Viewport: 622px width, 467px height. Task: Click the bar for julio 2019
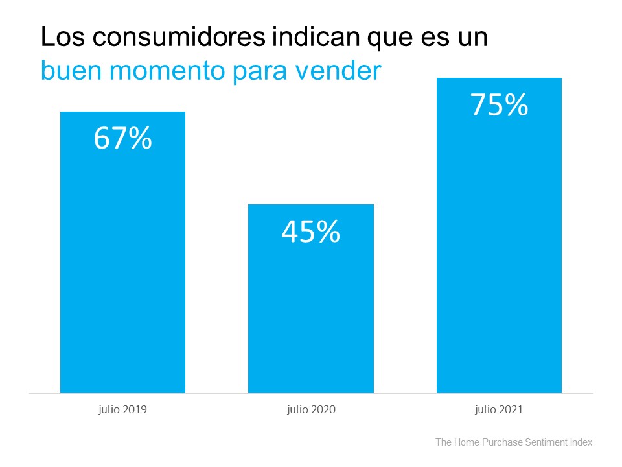coord(122,259)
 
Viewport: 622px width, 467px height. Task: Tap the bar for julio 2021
coord(499,246)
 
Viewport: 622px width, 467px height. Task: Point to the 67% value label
coord(122,138)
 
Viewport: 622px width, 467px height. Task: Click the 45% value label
coord(311,232)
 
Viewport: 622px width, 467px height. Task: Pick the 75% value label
coord(499,104)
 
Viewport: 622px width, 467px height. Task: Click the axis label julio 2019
coord(122,410)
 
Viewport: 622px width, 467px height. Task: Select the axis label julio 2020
coord(311,410)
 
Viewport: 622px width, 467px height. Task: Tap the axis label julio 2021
coord(499,410)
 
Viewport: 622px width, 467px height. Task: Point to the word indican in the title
coord(310,38)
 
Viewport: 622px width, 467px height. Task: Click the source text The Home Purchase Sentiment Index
coord(514,442)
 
